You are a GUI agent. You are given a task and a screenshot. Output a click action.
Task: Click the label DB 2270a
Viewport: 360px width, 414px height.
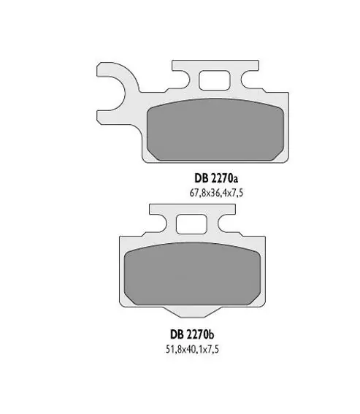point(216,178)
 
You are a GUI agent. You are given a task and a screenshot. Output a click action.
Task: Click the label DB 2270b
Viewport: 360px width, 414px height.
point(192,334)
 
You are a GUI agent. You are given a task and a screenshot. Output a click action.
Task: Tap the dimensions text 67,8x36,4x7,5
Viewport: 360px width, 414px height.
point(216,193)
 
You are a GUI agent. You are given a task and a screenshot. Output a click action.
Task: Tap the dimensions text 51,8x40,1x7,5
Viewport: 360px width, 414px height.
point(192,349)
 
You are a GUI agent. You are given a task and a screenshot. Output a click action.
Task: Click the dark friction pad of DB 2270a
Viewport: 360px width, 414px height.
point(215,129)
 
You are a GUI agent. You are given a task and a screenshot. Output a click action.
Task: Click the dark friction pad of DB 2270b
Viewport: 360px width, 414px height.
point(192,274)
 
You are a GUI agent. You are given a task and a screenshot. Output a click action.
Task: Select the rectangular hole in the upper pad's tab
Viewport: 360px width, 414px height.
point(215,80)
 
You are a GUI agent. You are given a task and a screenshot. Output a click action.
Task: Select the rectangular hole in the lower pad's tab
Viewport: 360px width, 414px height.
point(191,224)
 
